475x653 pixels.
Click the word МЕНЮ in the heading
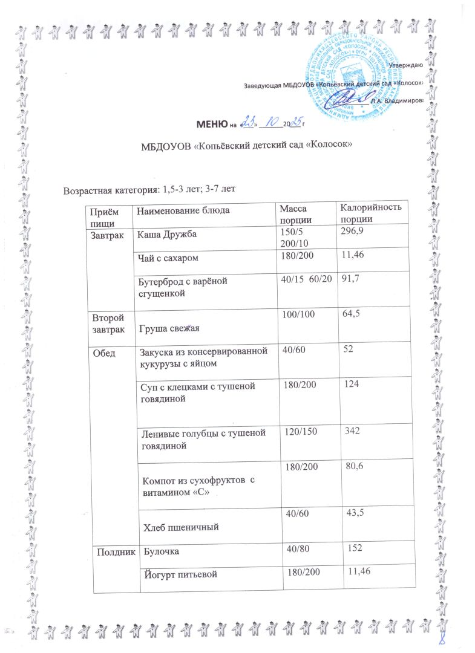(x=211, y=125)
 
